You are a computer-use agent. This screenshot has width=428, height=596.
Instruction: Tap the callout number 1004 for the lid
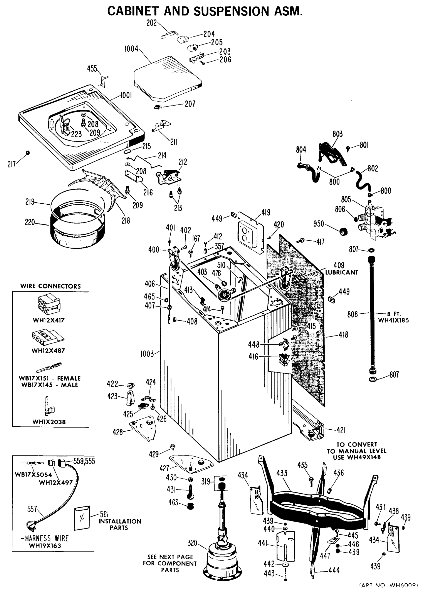tap(131, 49)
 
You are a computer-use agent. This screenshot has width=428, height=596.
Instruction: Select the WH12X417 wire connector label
tap(48, 320)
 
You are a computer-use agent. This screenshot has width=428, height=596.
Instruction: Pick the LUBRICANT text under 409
tap(341, 272)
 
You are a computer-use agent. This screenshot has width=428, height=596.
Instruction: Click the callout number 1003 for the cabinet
tap(147, 354)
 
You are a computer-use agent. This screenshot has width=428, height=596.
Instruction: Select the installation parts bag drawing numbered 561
tap(82, 518)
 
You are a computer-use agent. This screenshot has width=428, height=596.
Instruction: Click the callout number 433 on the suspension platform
tap(282, 473)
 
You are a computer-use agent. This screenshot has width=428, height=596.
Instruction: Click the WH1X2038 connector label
tap(49, 422)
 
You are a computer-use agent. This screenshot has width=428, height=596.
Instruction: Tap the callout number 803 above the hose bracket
tap(337, 134)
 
